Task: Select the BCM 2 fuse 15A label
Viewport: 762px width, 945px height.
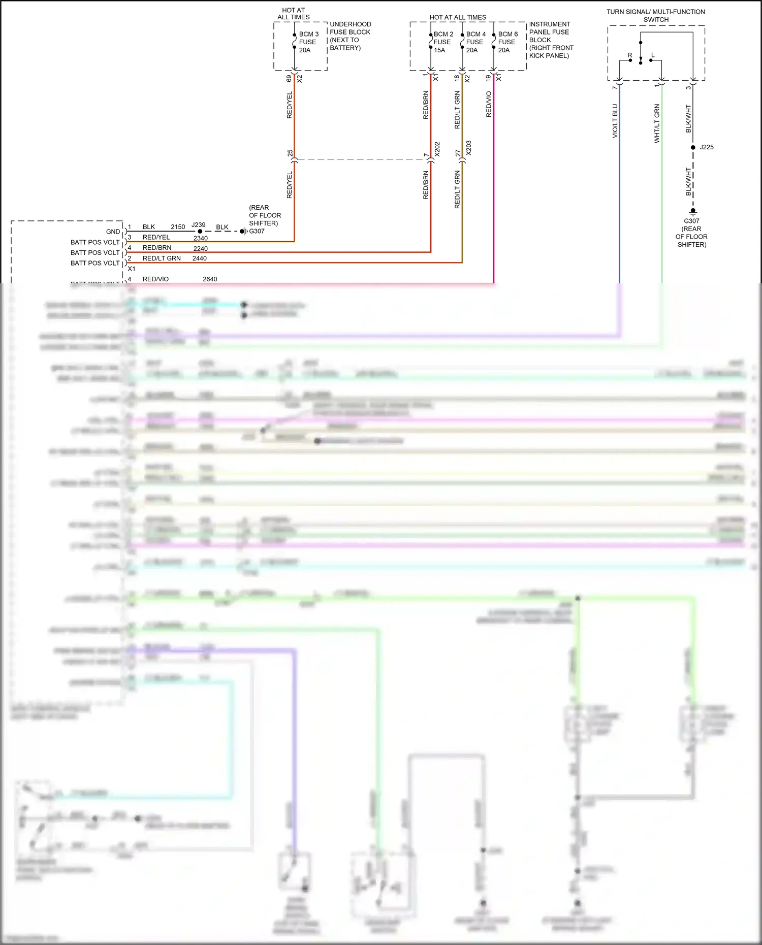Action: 443,42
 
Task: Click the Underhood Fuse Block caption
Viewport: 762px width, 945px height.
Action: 350,36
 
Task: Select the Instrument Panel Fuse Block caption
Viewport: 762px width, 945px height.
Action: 551,40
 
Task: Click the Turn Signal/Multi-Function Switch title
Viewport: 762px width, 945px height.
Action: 655,16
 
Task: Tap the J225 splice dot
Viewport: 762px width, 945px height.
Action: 693,147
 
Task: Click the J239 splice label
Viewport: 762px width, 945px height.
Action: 199,225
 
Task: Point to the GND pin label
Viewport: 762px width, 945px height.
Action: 113,232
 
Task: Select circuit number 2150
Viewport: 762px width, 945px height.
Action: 178,227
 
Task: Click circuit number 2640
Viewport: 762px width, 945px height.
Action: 210,279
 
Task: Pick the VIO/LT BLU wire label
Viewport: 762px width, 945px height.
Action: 615,121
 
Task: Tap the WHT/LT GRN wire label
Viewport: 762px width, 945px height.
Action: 657,123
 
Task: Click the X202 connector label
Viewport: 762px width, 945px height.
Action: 437,149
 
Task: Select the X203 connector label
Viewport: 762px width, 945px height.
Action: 469,148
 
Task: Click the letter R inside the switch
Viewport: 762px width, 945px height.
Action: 630,55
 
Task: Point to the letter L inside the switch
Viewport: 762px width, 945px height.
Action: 653,55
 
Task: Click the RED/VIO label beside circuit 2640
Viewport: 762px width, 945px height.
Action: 155,279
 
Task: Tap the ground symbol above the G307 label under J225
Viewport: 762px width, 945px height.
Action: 693,212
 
